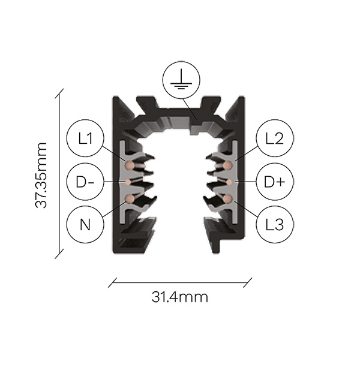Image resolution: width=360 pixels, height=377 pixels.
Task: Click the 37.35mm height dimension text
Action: tap(41, 175)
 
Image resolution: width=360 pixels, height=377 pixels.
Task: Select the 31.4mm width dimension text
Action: tap(180, 297)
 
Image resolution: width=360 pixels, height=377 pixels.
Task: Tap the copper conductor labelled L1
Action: tap(130, 165)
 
